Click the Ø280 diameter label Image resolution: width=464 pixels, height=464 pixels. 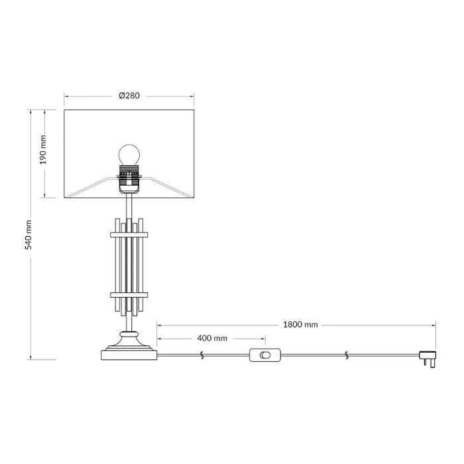(129, 96)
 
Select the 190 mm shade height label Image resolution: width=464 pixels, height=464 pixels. (43, 149)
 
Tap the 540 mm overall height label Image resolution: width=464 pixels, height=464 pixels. (28, 235)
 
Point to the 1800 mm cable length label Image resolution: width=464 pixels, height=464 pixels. (300, 325)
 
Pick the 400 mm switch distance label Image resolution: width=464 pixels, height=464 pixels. (212, 338)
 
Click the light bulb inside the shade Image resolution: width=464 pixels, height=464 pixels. (129, 155)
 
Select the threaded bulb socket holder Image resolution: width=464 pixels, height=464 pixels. (129, 179)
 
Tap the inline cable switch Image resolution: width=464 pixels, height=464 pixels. (265, 355)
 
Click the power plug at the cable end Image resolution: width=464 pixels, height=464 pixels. (428, 359)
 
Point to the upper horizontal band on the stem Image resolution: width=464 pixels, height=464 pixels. (129, 235)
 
